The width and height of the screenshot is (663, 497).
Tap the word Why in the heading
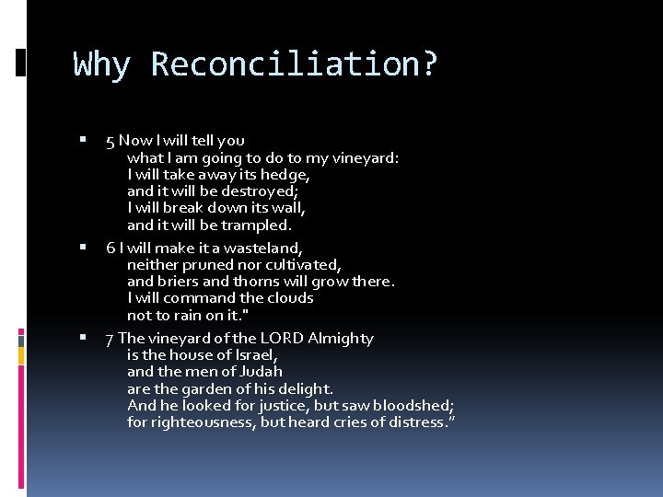(102, 65)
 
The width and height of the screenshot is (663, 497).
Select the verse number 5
(110, 141)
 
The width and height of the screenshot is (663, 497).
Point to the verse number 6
(110, 248)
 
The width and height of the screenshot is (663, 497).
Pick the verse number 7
(110, 339)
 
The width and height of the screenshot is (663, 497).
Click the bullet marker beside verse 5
(83, 141)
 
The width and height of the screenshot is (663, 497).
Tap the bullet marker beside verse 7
(83, 338)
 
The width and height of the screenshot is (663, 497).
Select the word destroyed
(258, 191)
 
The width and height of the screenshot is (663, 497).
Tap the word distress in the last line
(415, 422)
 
